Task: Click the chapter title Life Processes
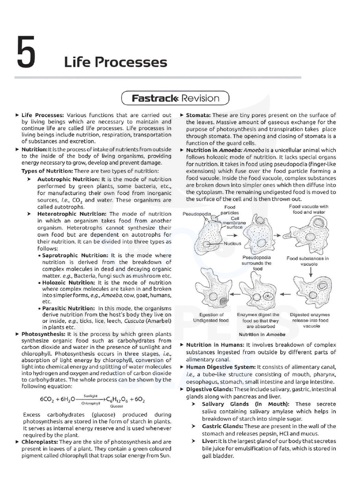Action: coord(115,62)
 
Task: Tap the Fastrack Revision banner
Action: coord(175,98)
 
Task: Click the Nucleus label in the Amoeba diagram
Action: coord(232,244)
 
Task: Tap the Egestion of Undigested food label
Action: coord(210,317)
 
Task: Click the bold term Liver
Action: coord(209,441)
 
